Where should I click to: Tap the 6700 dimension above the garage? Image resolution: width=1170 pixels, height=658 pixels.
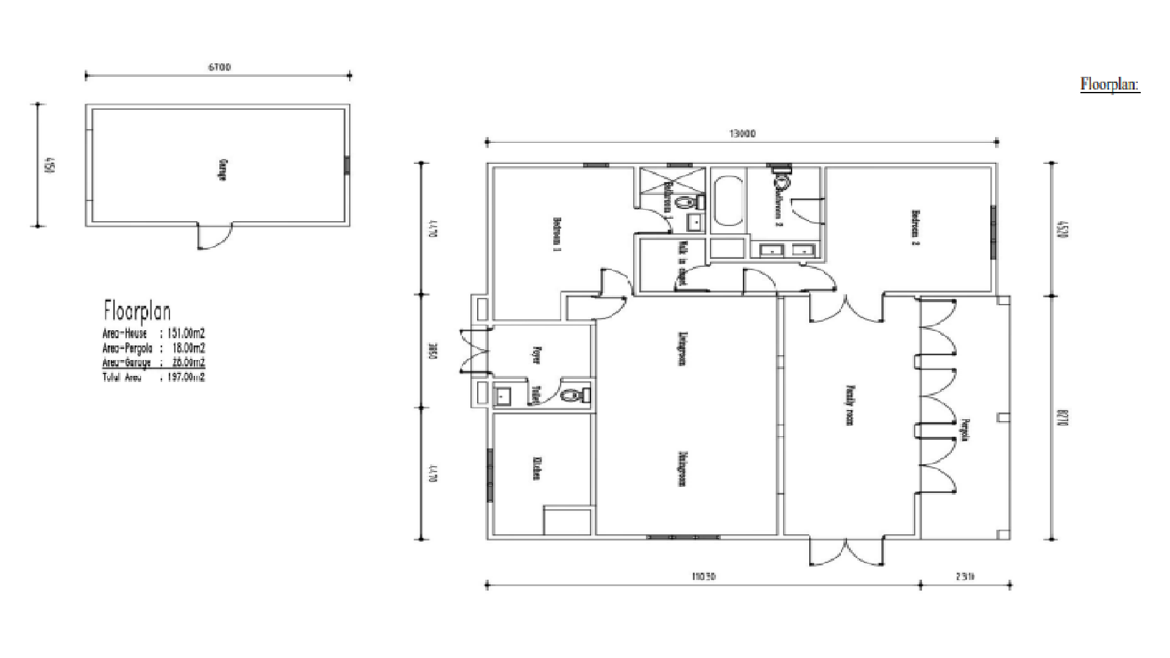(219, 68)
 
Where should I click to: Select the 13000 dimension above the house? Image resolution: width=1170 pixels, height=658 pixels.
(742, 134)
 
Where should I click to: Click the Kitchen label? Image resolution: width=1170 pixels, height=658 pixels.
(537, 467)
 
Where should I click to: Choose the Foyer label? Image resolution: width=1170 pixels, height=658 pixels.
(537, 355)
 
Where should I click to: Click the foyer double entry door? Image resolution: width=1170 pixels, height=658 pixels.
(475, 351)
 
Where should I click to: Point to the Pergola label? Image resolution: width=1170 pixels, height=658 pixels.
(965, 430)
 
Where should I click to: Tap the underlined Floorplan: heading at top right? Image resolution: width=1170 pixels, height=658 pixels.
(1110, 84)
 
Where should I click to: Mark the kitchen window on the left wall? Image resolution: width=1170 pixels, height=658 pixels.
(490, 475)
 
